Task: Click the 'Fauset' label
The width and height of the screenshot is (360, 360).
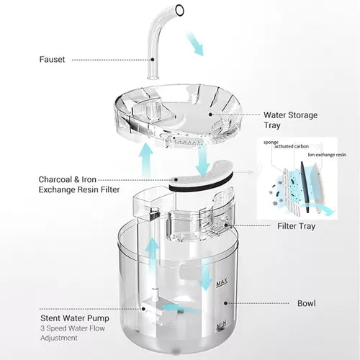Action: point(52,59)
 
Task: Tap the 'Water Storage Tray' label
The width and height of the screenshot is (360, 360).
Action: point(290,120)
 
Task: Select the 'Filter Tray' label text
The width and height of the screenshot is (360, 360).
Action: point(296,226)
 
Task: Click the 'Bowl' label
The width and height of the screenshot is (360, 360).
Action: point(307,303)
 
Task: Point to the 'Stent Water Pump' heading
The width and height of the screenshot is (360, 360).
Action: point(75,318)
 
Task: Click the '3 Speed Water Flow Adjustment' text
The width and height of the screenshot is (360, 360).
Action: point(73,333)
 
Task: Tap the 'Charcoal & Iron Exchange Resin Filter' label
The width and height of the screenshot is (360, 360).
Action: point(79,184)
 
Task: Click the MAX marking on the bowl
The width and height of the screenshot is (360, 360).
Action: point(222,283)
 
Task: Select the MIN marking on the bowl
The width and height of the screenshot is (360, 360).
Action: point(221,325)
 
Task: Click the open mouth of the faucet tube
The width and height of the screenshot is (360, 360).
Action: point(179,10)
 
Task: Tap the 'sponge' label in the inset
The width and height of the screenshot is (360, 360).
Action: point(271,143)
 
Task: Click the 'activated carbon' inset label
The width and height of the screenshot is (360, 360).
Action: point(292,146)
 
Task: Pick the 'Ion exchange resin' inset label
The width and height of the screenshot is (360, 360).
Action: point(327,155)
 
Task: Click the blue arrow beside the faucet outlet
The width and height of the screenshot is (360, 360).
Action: point(196,44)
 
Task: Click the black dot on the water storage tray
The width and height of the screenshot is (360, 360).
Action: point(210,114)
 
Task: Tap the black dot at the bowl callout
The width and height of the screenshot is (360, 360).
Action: point(225,303)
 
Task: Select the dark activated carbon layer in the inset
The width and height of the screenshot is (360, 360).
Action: point(305,186)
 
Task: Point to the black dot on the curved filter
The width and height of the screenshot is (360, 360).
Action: point(176,179)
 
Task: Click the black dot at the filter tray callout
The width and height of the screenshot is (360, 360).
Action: point(225,225)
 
